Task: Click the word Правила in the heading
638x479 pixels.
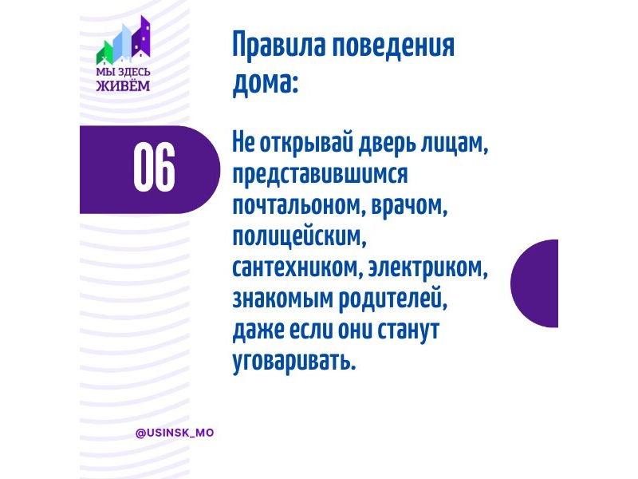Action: point(279,46)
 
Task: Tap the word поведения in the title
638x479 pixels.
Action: point(393,46)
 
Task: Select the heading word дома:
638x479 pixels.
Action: point(266,83)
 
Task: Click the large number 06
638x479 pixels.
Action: point(154,168)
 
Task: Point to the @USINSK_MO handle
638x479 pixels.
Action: point(175,433)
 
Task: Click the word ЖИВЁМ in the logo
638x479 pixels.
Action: point(124,85)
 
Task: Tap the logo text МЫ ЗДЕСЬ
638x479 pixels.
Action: point(124,72)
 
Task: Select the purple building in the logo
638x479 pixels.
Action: point(141,37)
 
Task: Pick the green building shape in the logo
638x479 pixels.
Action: point(104,53)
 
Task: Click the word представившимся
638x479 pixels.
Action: point(321,174)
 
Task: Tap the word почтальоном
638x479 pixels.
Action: point(297,206)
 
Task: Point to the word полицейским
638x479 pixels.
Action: point(300,237)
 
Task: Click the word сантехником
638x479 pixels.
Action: point(297,268)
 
